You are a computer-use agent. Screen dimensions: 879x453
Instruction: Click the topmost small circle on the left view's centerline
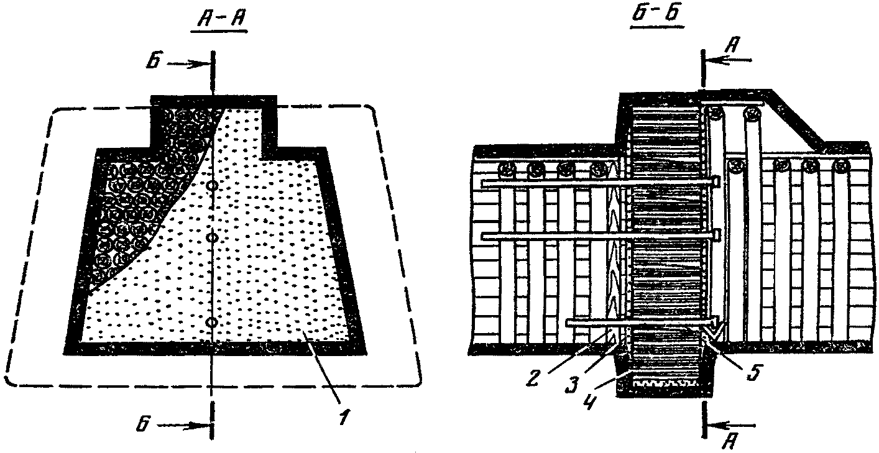coord(212,185)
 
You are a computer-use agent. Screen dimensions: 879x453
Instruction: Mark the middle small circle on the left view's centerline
coord(212,238)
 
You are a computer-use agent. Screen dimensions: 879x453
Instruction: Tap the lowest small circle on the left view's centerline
coord(212,322)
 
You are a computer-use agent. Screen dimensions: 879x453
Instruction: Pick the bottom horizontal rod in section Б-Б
coord(640,322)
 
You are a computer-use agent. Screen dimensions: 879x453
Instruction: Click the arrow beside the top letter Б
coord(186,64)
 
